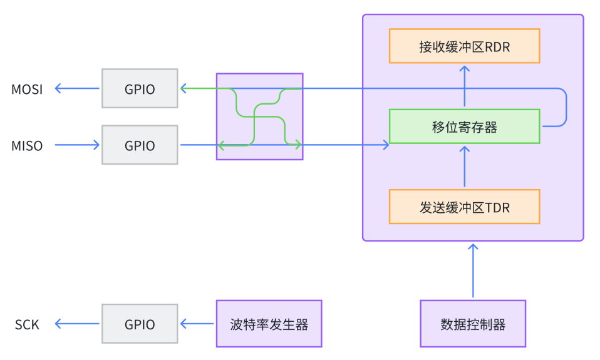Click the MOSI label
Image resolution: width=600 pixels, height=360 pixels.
pos(27,89)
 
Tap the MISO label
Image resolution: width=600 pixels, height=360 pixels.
pos(27,146)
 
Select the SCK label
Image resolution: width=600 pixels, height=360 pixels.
pos(27,324)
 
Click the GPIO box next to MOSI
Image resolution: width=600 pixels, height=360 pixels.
pos(140,89)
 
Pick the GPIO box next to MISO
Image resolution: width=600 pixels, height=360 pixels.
pos(140,145)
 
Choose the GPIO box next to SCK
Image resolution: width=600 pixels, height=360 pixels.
pos(140,324)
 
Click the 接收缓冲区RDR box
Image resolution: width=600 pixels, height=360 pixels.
pos(464,46)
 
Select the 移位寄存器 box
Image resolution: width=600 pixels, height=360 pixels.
pos(464,126)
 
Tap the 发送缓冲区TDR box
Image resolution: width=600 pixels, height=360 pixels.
pos(464,207)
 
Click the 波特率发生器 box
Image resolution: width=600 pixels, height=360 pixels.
pos(269,324)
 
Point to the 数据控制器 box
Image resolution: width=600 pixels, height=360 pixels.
pos(473,324)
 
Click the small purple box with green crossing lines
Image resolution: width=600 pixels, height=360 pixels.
pos(260,116)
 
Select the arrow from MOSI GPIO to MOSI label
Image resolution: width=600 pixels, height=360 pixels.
pos(78,89)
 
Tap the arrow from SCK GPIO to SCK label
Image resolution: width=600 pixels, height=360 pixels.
pos(78,324)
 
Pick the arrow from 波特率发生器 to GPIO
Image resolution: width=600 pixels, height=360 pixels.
pos(197,324)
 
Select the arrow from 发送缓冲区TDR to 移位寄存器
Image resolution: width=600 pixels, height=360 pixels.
pos(464,167)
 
